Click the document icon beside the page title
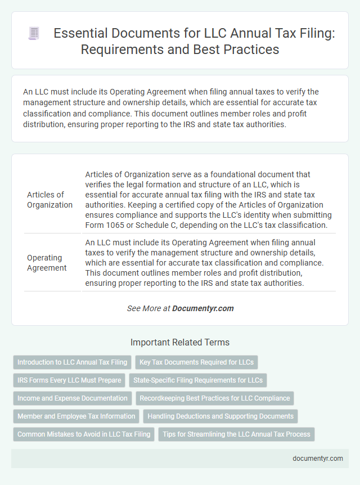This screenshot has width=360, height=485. coord(33,34)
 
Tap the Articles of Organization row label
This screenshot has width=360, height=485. coord(49,200)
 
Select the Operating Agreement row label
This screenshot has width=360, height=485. coord(47,263)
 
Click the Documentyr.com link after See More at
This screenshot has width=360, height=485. coord(202,308)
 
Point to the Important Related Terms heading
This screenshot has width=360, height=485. coord(180,342)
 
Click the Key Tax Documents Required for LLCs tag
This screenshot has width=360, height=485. coord(196,362)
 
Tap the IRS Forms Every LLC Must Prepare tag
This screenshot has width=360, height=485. coord(69,380)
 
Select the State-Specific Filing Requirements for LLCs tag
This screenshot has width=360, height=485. coord(198,380)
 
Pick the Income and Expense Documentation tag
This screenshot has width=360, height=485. coord(73,398)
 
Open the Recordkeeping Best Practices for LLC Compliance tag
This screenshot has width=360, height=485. coord(215,398)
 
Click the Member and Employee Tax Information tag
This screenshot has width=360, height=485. coord(76,416)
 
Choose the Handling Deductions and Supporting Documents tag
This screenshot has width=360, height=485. coord(220,416)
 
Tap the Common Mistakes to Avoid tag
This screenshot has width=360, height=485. coord(84,434)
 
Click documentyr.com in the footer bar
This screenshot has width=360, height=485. coord(318,458)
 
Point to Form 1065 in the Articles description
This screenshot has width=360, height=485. coord(103,226)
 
